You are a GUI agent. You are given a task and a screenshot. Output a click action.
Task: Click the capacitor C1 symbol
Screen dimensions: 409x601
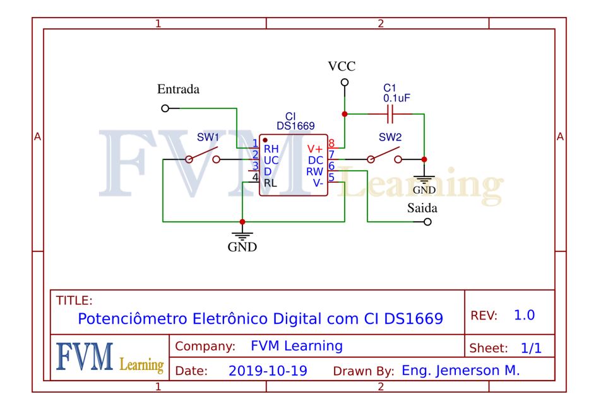coord(391,114)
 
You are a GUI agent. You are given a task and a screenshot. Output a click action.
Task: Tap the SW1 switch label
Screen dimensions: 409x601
coord(208,137)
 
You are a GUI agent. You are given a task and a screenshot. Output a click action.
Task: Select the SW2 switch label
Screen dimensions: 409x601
coord(390,137)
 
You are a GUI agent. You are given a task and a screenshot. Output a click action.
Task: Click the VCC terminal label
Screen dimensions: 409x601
coord(342,66)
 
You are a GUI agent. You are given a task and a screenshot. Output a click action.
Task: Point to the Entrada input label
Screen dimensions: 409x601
coord(178,89)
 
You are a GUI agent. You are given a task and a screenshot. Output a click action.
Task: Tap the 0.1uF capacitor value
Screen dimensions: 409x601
coord(396,99)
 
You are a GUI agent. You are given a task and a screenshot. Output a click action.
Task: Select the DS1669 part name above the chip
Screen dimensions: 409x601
coord(295,126)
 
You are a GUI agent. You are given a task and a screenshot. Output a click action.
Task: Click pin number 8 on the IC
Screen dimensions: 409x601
coord(331,144)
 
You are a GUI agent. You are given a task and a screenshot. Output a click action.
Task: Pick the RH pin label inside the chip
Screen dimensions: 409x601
coord(271,149)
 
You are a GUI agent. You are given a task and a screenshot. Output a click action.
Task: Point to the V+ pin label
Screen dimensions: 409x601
coord(314,149)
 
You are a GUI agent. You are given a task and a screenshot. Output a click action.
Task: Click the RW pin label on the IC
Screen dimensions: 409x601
coord(314,171)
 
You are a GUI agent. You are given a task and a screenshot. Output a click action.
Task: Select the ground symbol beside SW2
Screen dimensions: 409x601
coord(424,178)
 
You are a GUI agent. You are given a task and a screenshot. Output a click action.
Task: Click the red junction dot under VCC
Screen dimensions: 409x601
coord(345,114)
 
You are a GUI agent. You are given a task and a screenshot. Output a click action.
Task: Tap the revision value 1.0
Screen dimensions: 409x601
coord(525,315)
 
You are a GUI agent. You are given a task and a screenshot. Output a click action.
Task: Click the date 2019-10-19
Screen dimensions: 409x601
coord(268,371)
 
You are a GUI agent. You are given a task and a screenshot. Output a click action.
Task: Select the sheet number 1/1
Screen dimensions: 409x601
coord(530,348)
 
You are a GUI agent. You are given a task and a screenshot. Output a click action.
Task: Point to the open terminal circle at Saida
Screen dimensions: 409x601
coord(427,222)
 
